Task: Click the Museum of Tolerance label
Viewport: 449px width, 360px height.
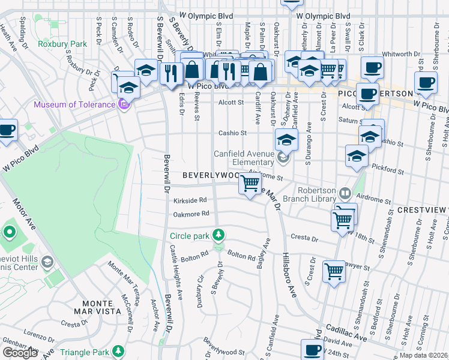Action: click(74, 105)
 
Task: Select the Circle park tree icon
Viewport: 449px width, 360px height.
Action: click(220, 235)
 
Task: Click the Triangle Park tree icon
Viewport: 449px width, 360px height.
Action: click(119, 350)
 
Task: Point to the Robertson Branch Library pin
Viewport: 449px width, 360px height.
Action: click(345, 194)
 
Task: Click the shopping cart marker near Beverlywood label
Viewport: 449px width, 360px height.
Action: click(250, 182)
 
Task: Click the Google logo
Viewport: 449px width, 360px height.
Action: click(20, 353)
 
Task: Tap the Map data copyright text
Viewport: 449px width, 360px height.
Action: click(423, 355)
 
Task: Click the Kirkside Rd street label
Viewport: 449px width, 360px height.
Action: click(190, 200)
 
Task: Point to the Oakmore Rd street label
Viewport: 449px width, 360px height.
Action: click(191, 214)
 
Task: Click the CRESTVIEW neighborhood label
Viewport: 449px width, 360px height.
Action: click(423, 210)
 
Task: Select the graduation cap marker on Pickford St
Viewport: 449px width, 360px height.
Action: click(357, 155)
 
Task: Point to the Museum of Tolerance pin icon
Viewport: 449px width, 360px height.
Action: click(124, 105)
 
